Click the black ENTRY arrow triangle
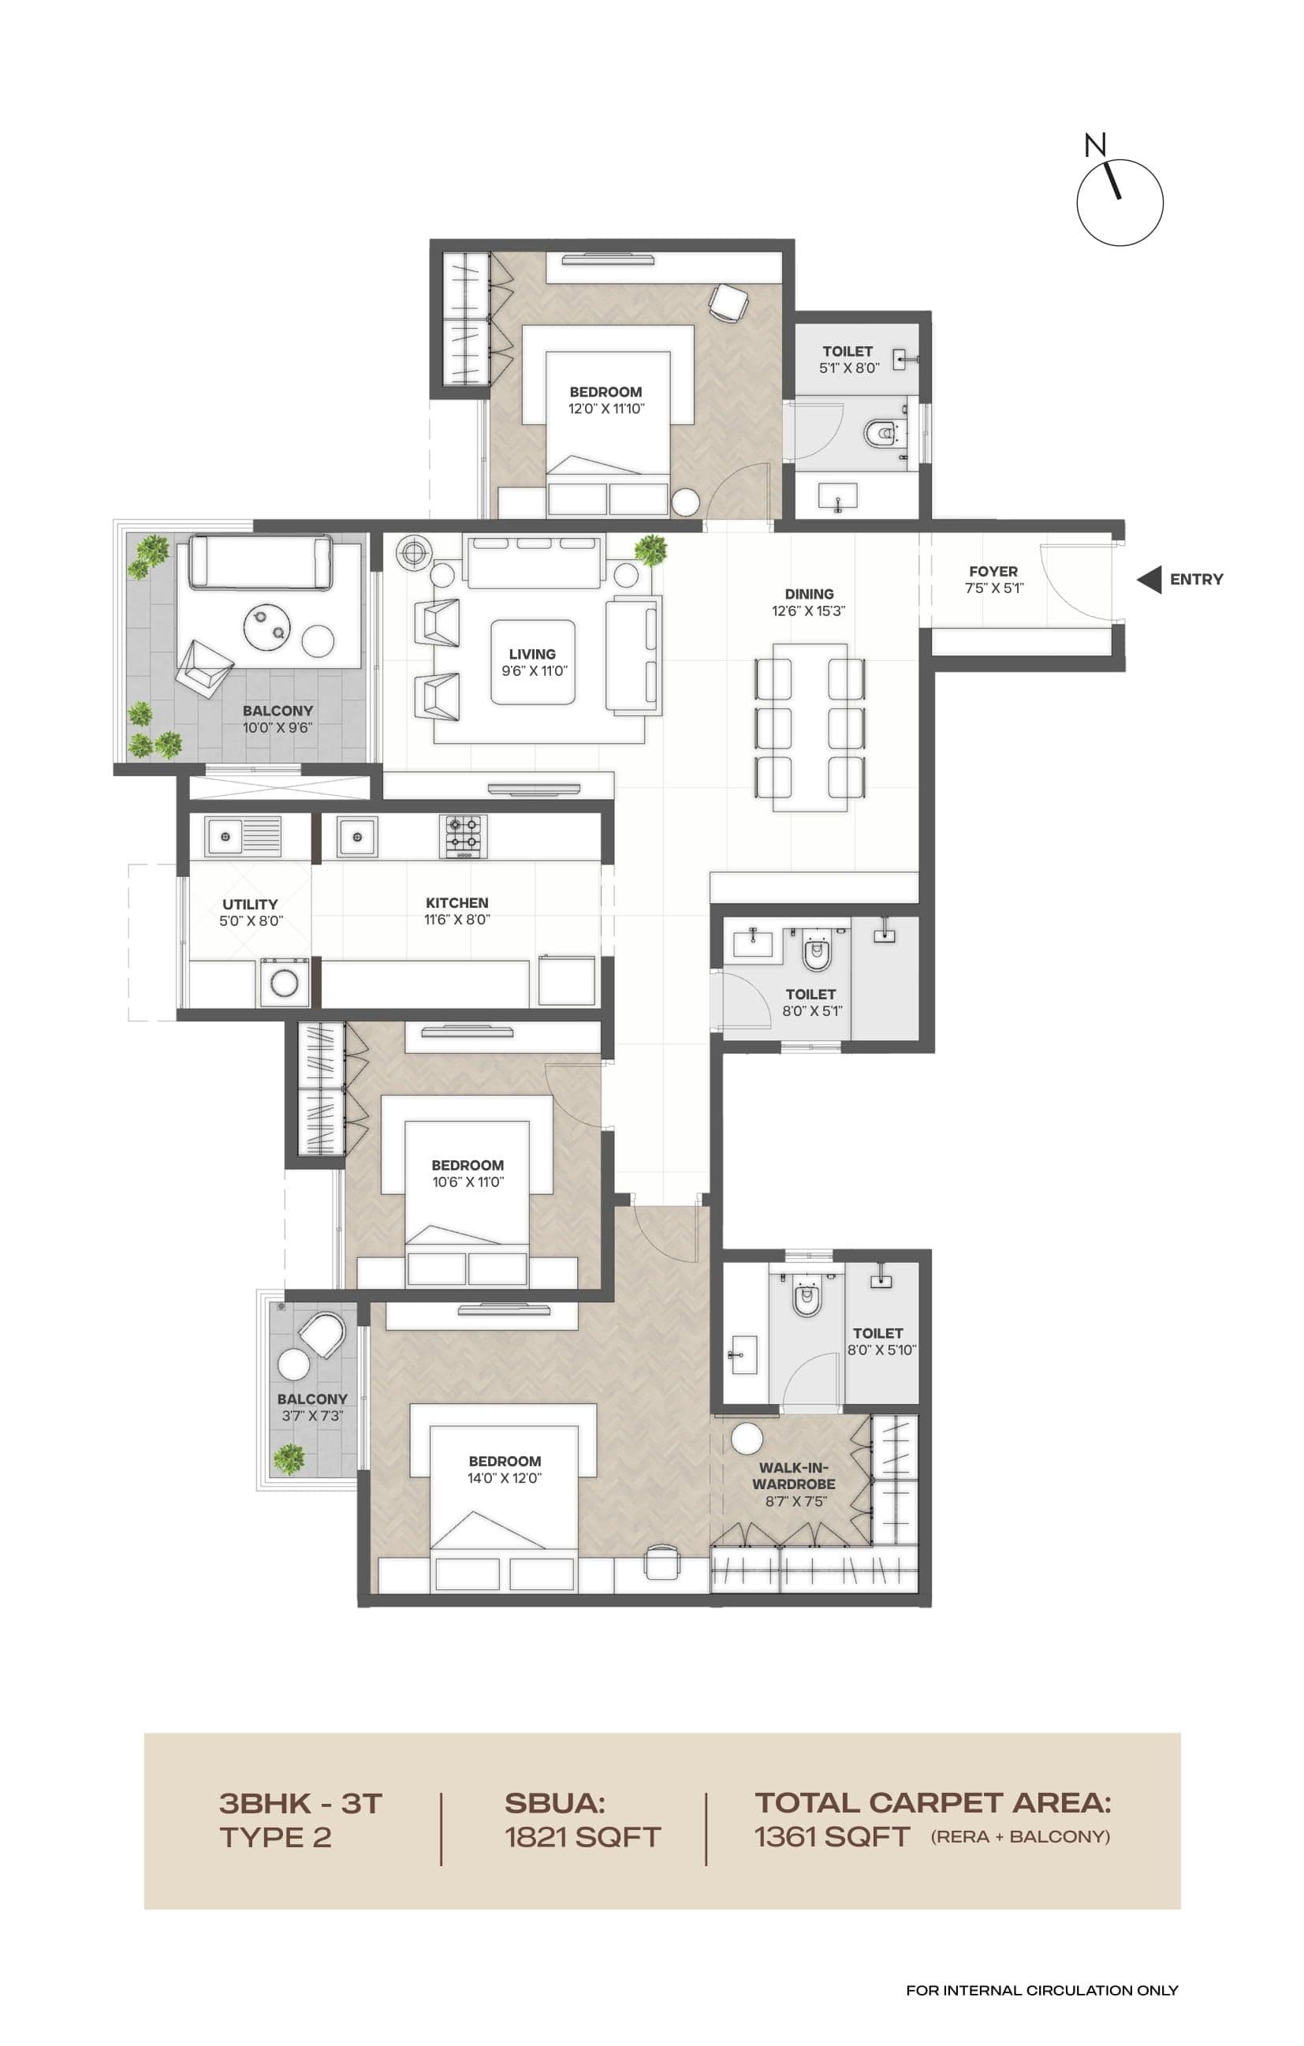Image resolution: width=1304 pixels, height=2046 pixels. click(x=1149, y=580)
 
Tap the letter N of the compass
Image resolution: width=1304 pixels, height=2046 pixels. click(x=1095, y=145)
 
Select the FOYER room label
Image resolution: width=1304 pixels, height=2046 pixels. click(x=993, y=572)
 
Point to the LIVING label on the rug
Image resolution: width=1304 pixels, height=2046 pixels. click(x=532, y=654)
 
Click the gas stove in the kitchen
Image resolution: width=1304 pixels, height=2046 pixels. click(x=463, y=836)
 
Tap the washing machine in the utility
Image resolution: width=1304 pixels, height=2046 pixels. click(x=284, y=983)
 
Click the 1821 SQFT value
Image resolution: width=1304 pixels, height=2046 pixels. click(x=583, y=1837)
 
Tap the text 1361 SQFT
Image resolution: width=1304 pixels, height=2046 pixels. click(x=832, y=1837)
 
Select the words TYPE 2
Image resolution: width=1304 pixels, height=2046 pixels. click(x=274, y=1837)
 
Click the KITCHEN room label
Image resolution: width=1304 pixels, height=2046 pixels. click(x=457, y=903)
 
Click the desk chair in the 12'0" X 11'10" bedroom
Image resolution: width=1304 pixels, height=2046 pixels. click(x=728, y=302)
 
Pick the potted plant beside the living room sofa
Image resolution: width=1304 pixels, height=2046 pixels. click(x=650, y=550)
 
